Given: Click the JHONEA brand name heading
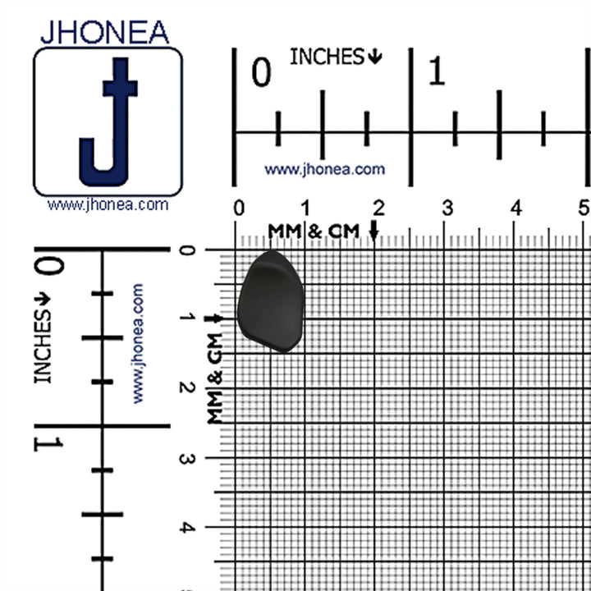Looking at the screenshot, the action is tap(105, 32).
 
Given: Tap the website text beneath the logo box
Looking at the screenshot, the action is tap(108, 205).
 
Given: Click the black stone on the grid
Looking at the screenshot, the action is tap(271, 301).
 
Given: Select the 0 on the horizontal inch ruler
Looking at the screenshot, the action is tap(261, 72).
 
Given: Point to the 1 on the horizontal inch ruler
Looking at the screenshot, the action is tap(437, 71).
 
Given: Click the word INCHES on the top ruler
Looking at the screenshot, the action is tap(327, 57).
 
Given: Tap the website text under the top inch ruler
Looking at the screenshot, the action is tap(324, 170).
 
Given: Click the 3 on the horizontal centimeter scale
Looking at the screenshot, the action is tap(447, 208).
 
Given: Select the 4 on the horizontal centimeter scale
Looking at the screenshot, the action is tap(516, 208).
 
